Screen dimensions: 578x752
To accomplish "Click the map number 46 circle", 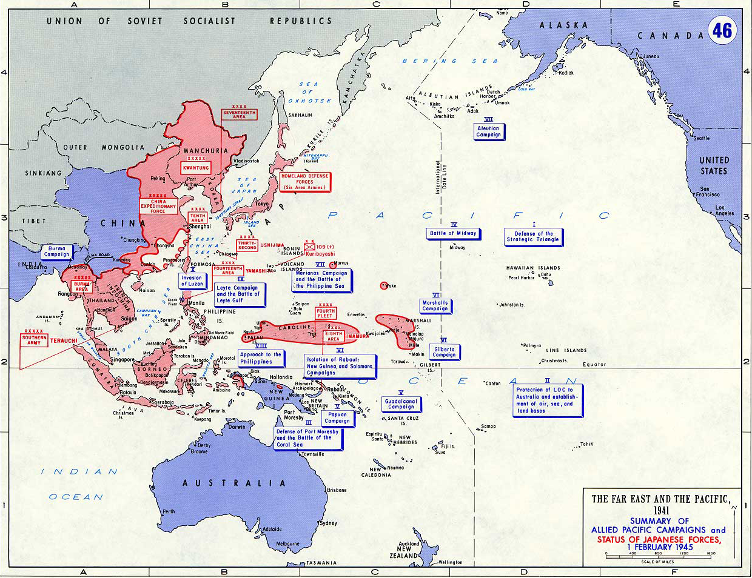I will pos(722,30).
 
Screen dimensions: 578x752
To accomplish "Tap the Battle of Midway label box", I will pos(453,233).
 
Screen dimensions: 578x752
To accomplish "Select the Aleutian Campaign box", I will pos(488,131).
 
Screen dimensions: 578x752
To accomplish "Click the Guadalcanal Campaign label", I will pos(401,404).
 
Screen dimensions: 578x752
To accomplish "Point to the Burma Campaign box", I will pos(57,251).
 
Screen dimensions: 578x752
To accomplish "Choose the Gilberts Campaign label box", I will pos(444,352).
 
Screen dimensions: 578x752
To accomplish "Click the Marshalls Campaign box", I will pos(435,306).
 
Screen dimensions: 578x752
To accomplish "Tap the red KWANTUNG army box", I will pos(196,167).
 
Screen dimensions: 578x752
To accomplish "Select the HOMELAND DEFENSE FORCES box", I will pos(304,182).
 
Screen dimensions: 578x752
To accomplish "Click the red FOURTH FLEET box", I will pos(325,313).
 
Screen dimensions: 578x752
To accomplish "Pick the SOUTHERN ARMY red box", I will pos(34,340).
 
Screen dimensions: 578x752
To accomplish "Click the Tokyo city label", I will pos(261,204).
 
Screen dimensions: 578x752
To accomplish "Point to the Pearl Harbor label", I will pos(522,278).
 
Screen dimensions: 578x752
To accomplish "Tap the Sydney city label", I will pos(328,523).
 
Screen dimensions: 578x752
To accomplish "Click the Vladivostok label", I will pos(246,161).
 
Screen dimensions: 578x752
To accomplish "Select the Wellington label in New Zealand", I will pos(450,562).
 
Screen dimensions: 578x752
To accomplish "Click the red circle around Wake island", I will pos(383,285).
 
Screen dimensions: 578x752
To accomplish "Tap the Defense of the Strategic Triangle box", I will pos(533,237).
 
